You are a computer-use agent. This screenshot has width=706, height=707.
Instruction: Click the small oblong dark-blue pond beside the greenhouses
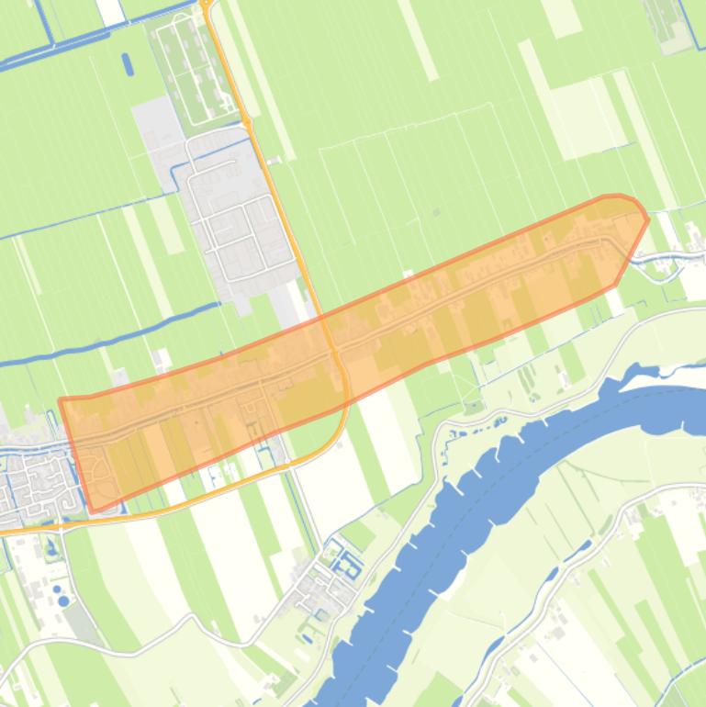point(128,64)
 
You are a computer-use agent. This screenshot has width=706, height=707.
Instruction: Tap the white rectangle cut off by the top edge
point(110,11)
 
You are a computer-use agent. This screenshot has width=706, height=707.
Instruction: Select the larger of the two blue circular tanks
point(62,601)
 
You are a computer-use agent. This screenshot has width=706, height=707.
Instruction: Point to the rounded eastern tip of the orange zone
point(643,217)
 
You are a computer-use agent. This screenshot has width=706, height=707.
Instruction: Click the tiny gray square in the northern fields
point(437,213)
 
